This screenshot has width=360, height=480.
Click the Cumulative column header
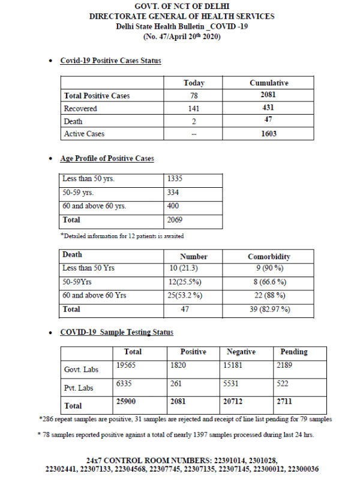pos(269,83)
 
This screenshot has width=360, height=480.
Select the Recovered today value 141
pos(194,109)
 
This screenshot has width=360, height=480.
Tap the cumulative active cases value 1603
pos(269,134)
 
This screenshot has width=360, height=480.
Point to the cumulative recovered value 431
pos(269,109)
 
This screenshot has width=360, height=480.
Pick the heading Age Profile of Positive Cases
pos(107,158)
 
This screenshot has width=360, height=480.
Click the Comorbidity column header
pos(269,256)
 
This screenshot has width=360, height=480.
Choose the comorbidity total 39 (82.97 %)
pos(269,309)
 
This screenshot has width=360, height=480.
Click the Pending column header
pos(294,352)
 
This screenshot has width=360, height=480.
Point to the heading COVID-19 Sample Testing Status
pos(117,332)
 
